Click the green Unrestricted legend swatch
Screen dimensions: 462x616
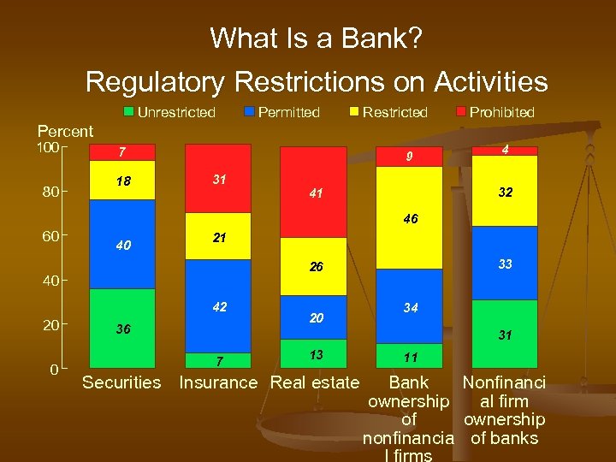[128, 112]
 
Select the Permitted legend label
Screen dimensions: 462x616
[288, 112]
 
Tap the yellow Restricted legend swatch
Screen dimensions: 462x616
[354, 112]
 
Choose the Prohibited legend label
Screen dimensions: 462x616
[501, 112]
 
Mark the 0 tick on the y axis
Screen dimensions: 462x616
[54, 370]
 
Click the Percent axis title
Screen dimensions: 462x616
[65, 131]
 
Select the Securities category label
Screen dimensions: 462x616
[121, 382]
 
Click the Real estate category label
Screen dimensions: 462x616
[314, 382]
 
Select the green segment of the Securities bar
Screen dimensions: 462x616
[122, 329]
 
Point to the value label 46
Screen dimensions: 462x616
[410, 219]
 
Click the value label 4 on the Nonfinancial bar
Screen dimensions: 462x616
[506, 150]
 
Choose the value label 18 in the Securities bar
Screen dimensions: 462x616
[124, 181]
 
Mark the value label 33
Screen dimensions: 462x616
[506, 264]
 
